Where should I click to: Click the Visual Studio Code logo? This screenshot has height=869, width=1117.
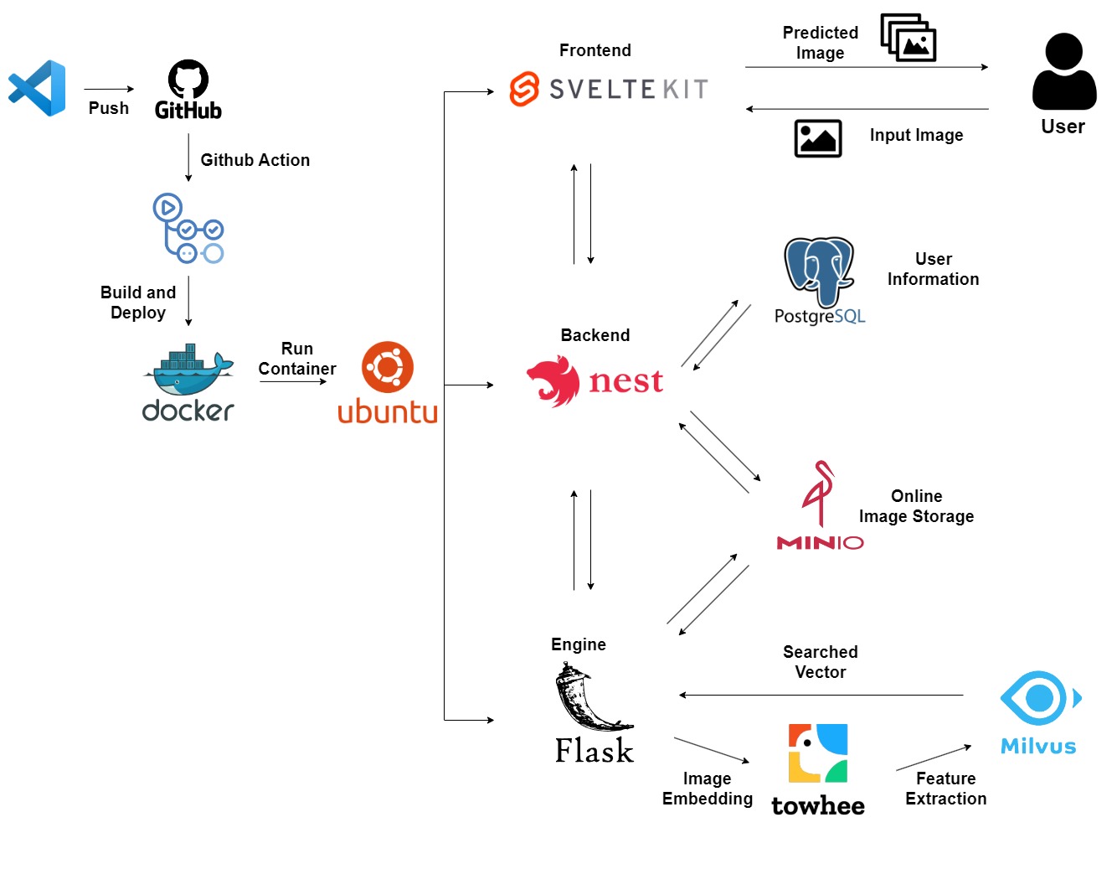coord(38,88)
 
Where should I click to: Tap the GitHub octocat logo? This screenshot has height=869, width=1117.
coord(188,79)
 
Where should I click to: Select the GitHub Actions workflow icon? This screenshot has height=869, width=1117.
coord(188,229)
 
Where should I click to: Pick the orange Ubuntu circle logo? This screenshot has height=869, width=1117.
coord(388,367)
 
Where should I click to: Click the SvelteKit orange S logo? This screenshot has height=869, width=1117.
coord(525,89)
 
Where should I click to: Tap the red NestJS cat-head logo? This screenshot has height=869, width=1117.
coord(554,380)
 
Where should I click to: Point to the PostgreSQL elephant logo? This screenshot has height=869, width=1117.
coord(819,270)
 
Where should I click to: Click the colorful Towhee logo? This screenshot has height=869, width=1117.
coord(818,753)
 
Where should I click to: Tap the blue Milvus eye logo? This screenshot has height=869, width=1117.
coord(1039,697)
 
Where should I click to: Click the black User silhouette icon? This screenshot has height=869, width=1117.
coord(1063,72)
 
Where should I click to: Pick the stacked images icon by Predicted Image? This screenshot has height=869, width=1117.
coord(909,38)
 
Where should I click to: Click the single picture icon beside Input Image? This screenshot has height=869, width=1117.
coord(818,138)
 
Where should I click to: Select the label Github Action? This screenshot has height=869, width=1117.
coord(255,160)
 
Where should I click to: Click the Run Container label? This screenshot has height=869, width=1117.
coord(297,359)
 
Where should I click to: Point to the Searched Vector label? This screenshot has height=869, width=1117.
coord(821,662)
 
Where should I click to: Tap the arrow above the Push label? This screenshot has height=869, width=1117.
coord(109,89)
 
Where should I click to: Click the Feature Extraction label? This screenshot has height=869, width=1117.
coord(945,789)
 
